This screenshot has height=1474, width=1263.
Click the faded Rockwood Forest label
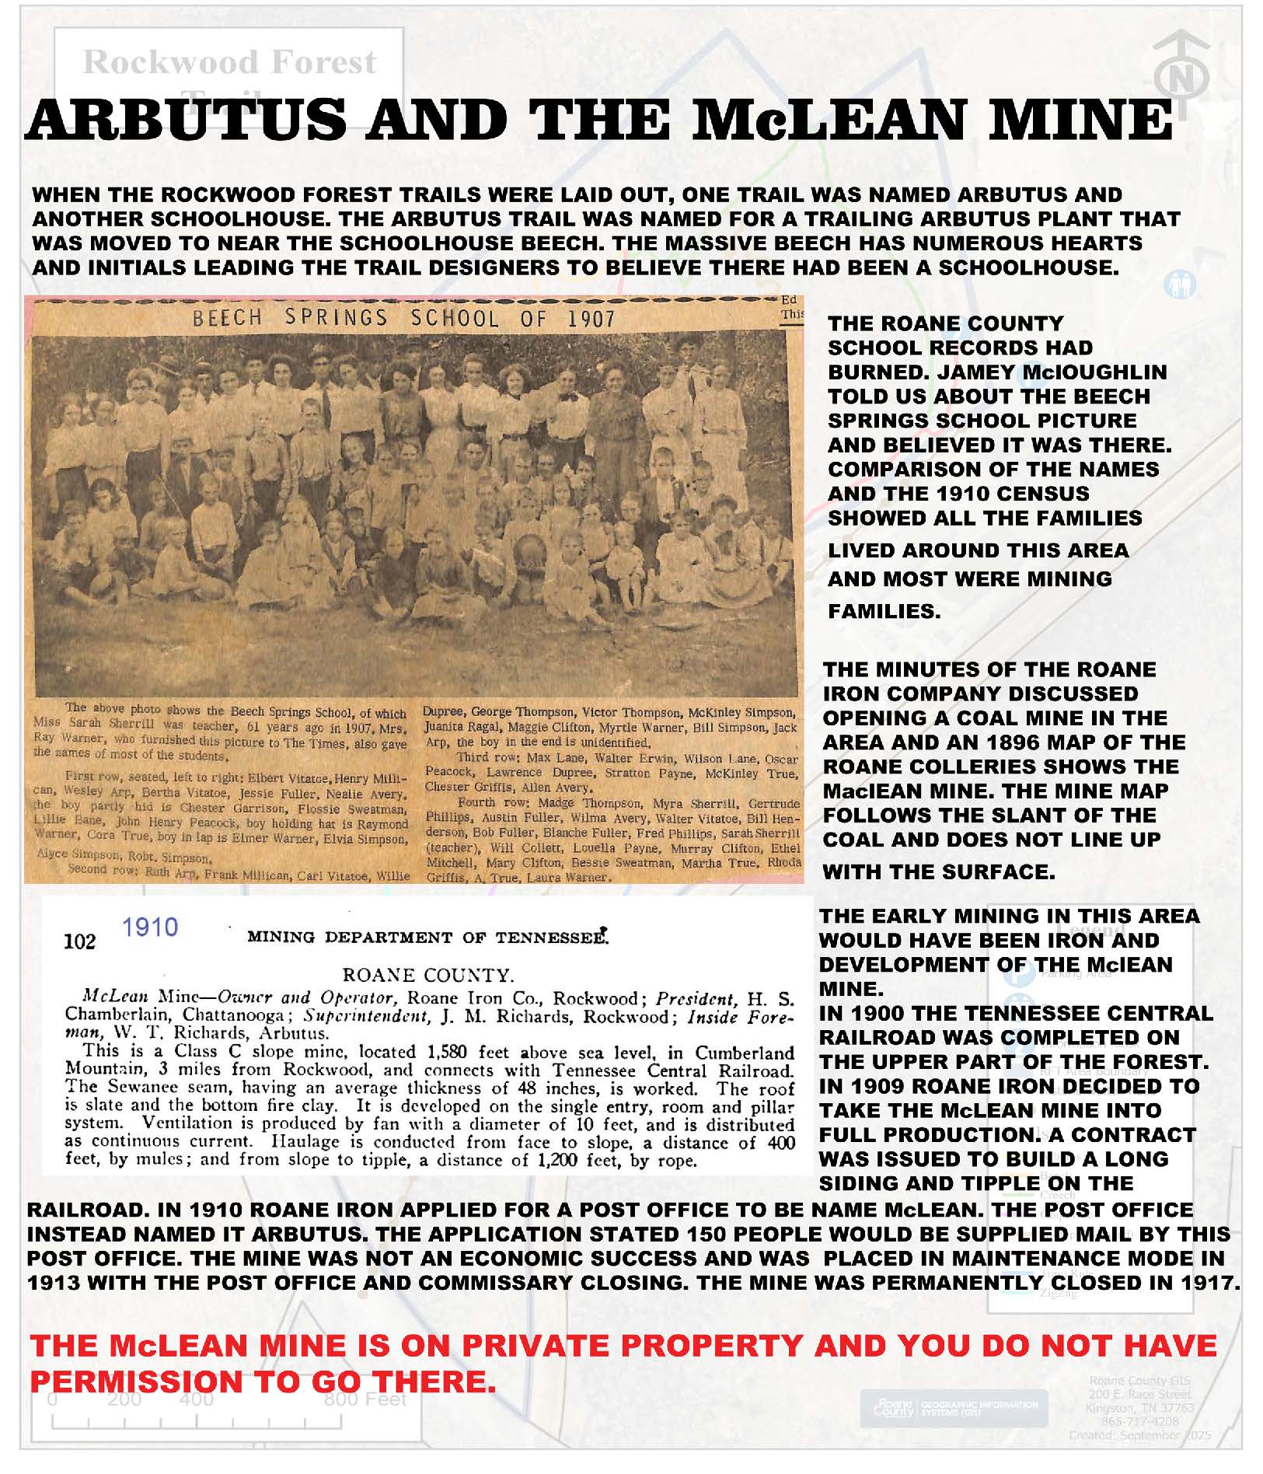tap(229, 62)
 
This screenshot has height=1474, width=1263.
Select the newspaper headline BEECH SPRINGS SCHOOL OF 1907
tap(403, 318)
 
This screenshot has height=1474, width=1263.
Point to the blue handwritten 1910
tap(150, 927)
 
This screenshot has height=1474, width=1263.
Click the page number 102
tap(79, 942)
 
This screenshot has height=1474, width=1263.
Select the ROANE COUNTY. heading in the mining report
tap(428, 975)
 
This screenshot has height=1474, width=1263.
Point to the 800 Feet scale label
tap(365, 1399)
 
